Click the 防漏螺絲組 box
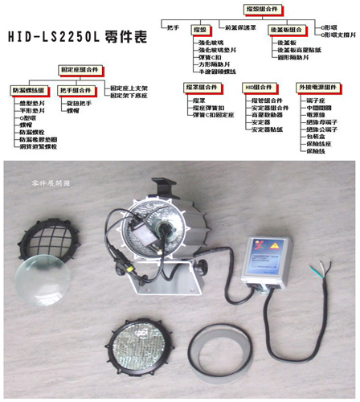tap(27, 91)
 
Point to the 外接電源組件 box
tap(317, 87)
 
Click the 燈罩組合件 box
tap(201, 86)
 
